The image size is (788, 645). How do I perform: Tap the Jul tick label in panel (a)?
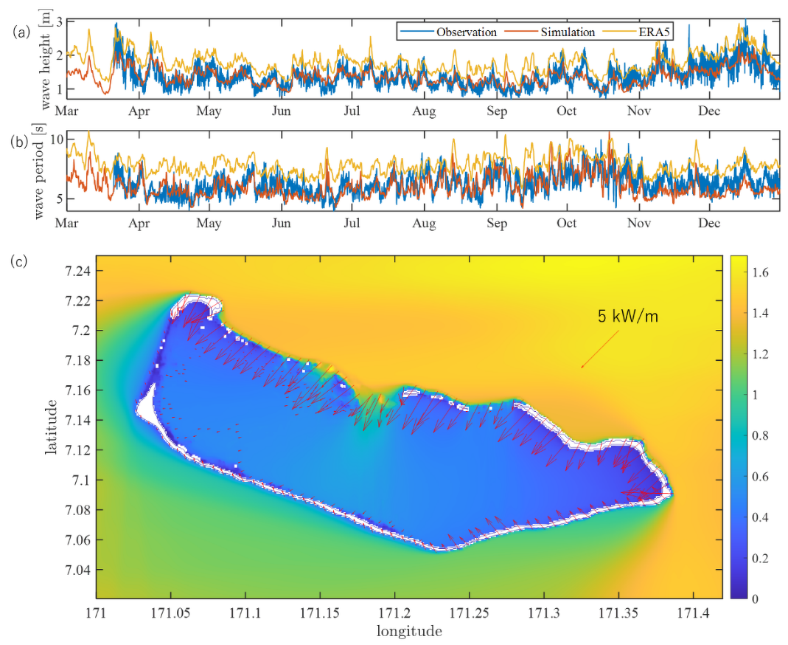click(x=352, y=111)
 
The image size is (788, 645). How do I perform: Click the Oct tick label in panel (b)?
click(x=566, y=223)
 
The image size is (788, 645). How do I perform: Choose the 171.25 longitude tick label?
click(x=470, y=613)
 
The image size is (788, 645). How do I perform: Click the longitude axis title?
click(x=409, y=632)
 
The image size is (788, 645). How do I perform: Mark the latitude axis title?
click(x=52, y=427)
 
